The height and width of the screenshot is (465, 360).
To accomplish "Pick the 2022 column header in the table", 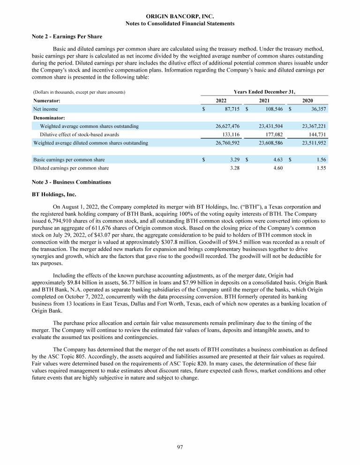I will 222,101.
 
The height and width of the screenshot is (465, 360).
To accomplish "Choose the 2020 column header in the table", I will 308,101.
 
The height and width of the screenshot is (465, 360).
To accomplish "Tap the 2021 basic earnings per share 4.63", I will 277,159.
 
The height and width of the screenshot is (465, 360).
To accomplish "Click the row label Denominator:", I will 49,118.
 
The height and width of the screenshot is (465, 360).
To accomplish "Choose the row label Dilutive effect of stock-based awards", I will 80,134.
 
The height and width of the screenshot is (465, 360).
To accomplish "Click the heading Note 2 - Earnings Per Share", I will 67,37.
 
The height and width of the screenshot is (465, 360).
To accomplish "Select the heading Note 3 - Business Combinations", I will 72,182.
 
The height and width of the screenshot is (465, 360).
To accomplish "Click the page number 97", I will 180,447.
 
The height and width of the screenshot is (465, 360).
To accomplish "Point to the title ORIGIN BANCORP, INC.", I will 180,16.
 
